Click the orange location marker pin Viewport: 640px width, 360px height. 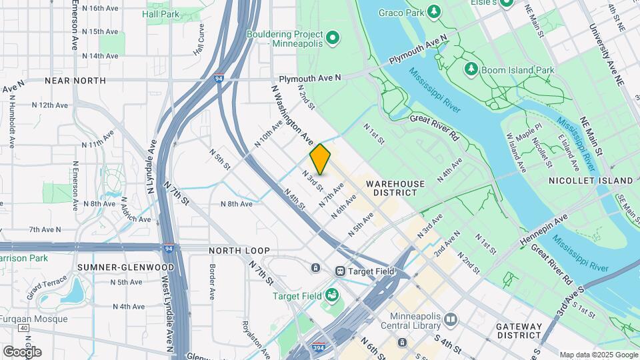(320, 159)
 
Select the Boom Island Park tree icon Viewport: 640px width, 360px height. (471, 69)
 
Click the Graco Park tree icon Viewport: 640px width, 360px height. (434, 11)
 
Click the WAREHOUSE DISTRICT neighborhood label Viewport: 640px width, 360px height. (395, 187)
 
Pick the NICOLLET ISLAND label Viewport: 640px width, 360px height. (591, 181)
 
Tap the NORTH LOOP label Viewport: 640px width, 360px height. (239, 251)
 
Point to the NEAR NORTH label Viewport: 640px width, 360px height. (75, 81)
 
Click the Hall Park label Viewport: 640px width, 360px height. (161, 13)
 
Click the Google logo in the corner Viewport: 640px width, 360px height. (22, 351)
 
